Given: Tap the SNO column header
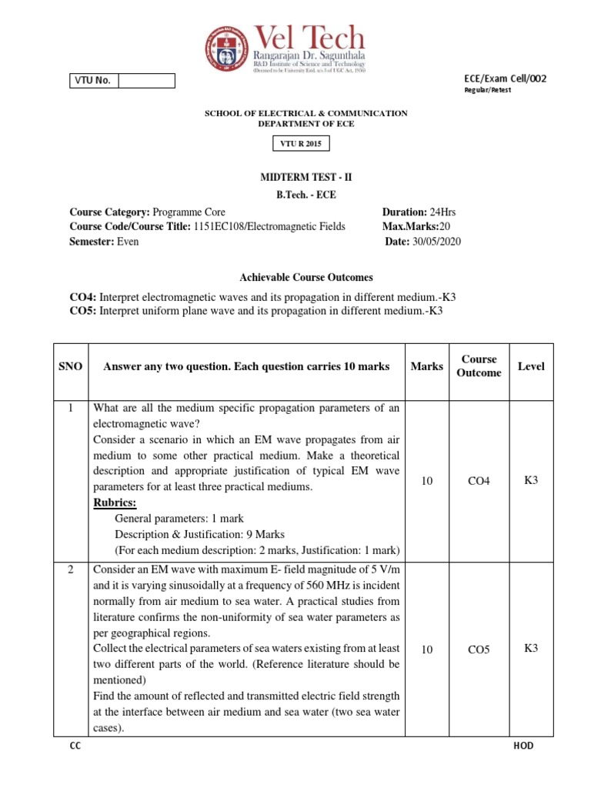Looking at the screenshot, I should click(x=71, y=366).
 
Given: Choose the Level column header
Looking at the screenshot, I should click(x=531, y=366).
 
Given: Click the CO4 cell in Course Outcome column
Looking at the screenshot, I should click(x=479, y=481).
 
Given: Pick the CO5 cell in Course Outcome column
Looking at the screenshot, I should click(x=479, y=649).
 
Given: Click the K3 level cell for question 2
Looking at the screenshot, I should click(x=531, y=648).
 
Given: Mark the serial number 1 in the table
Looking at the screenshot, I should click(x=71, y=408).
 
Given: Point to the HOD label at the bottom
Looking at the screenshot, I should click(x=523, y=746).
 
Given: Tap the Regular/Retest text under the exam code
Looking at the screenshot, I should click(x=486, y=90).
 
